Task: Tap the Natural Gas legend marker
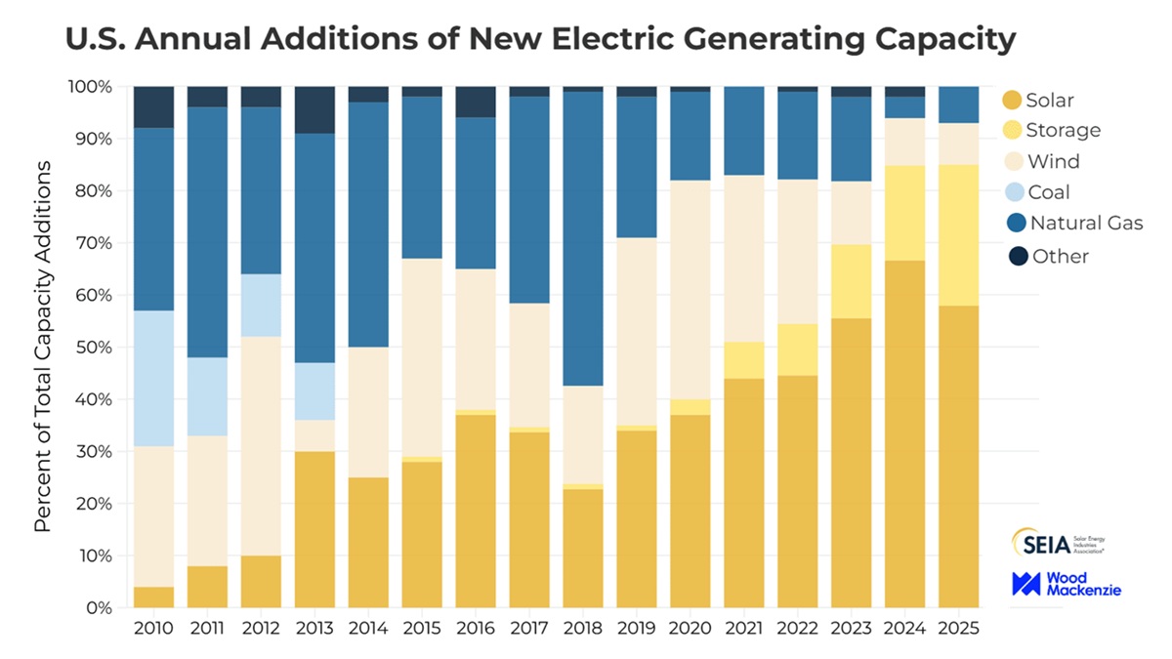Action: [x=1013, y=225]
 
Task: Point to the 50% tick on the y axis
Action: [x=93, y=348]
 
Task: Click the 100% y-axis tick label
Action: [x=89, y=87]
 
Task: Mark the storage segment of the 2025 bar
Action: [x=958, y=235]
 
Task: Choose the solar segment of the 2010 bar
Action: [x=153, y=597]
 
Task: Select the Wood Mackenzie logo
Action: [x=1067, y=585]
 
